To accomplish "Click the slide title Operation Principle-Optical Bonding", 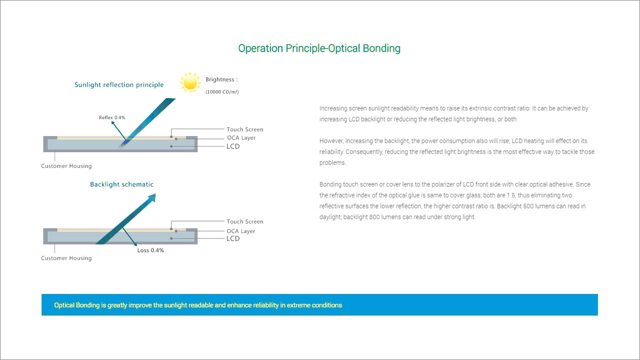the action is coord(319,48).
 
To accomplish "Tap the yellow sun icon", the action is coord(190,82).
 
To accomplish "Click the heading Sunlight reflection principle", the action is coord(119,85).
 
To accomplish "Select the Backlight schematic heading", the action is coord(121,184).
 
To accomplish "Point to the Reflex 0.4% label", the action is coord(112,117).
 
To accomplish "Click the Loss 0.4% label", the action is coord(150,250).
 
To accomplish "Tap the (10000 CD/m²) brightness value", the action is coord(222,91).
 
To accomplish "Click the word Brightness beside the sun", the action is coord(220,79).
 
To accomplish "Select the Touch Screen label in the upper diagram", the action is coord(245,129).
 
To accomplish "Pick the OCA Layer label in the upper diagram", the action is coord(241,137).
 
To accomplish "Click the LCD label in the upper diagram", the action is coord(233,146).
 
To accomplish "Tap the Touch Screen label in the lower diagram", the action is coord(245,221).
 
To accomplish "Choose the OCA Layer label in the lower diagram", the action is coord(241,231).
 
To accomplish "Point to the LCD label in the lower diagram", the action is coord(233,238).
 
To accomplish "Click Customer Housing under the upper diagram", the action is coord(66,166).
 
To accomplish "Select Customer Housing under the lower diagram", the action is coord(66,258).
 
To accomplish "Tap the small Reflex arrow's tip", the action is coord(112,121).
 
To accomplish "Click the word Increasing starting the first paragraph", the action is coord(332,108).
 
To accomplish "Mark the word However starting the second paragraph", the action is coord(330,141).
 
